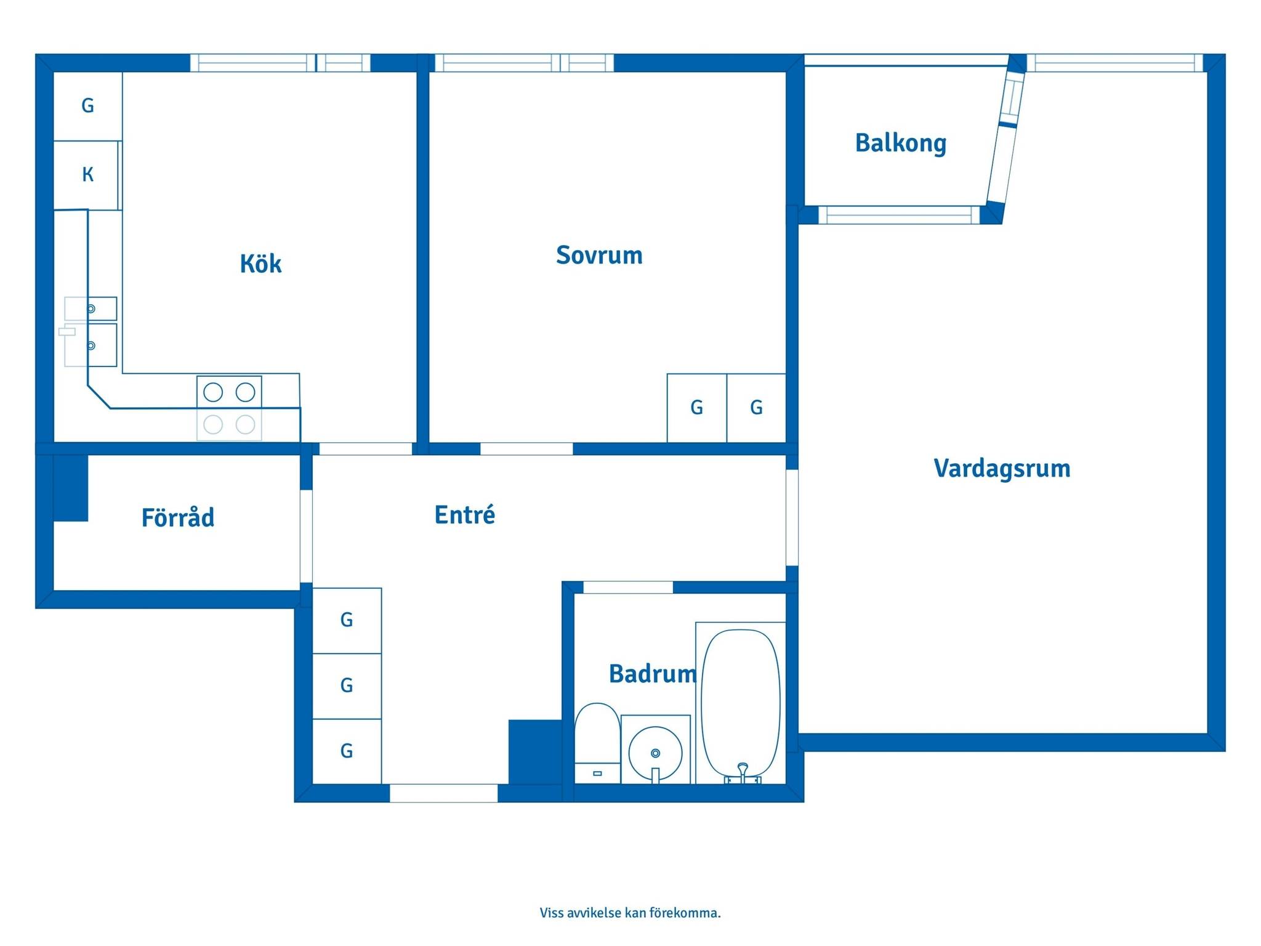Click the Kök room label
(x=260, y=264)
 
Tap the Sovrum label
(x=599, y=255)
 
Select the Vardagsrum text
(x=1002, y=469)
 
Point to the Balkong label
(x=901, y=144)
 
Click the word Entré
(x=465, y=514)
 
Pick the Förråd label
(x=178, y=517)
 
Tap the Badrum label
(x=653, y=674)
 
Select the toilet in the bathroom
(x=597, y=743)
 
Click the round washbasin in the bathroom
(x=655, y=753)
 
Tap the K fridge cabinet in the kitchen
(x=87, y=175)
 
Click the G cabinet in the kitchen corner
(x=88, y=106)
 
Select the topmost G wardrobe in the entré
(x=347, y=620)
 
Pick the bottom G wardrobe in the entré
(x=347, y=751)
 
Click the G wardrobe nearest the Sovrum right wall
(x=756, y=408)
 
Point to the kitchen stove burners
(x=229, y=408)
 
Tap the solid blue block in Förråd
(x=71, y=488)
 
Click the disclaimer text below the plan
(x=630, y=913)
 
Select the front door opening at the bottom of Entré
(x=443, y=793)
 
